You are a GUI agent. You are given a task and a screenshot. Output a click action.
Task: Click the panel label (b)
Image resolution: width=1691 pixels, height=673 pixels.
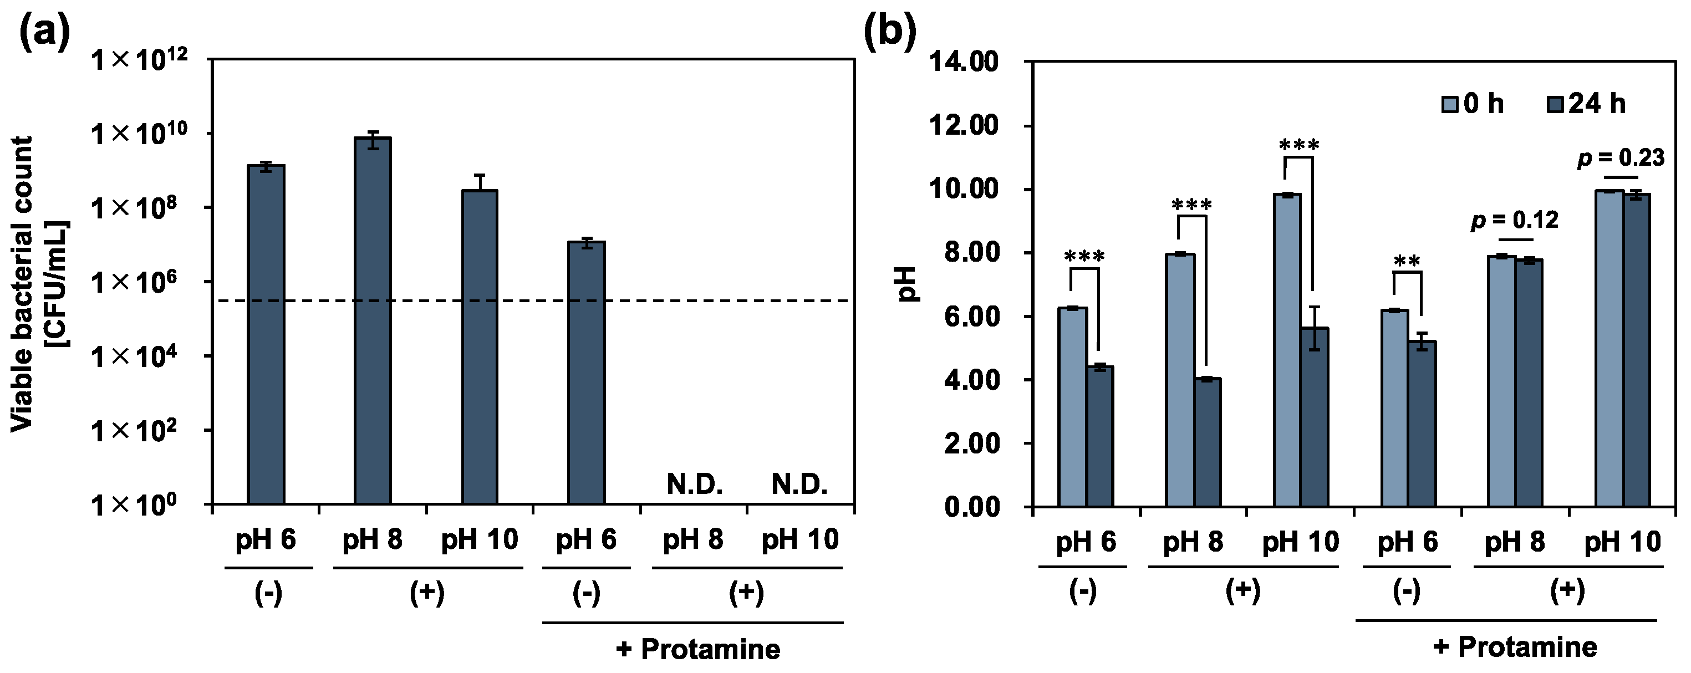coord(889,32)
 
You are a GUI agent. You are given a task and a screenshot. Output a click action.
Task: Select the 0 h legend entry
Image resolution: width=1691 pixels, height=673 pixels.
coord(1473,104)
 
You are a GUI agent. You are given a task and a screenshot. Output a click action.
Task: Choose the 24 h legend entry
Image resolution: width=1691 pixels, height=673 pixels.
coord(1587,104)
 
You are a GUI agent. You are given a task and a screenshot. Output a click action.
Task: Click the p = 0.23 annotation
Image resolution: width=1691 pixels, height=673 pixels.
coord(1621,158)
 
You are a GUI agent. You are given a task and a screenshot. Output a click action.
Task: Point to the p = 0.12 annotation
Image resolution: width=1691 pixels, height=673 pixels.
coord(1515,221)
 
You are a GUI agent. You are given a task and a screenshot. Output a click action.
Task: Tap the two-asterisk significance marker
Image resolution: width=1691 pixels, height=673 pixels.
coord(1407,261)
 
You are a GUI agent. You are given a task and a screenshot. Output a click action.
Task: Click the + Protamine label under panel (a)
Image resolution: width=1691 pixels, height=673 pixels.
coord(698,649)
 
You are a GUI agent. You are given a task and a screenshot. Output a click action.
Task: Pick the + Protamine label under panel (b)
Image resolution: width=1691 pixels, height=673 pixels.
coord(1515,647)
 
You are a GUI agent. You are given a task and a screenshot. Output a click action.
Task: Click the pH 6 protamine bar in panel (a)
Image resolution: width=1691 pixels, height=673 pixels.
coord(586,373)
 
